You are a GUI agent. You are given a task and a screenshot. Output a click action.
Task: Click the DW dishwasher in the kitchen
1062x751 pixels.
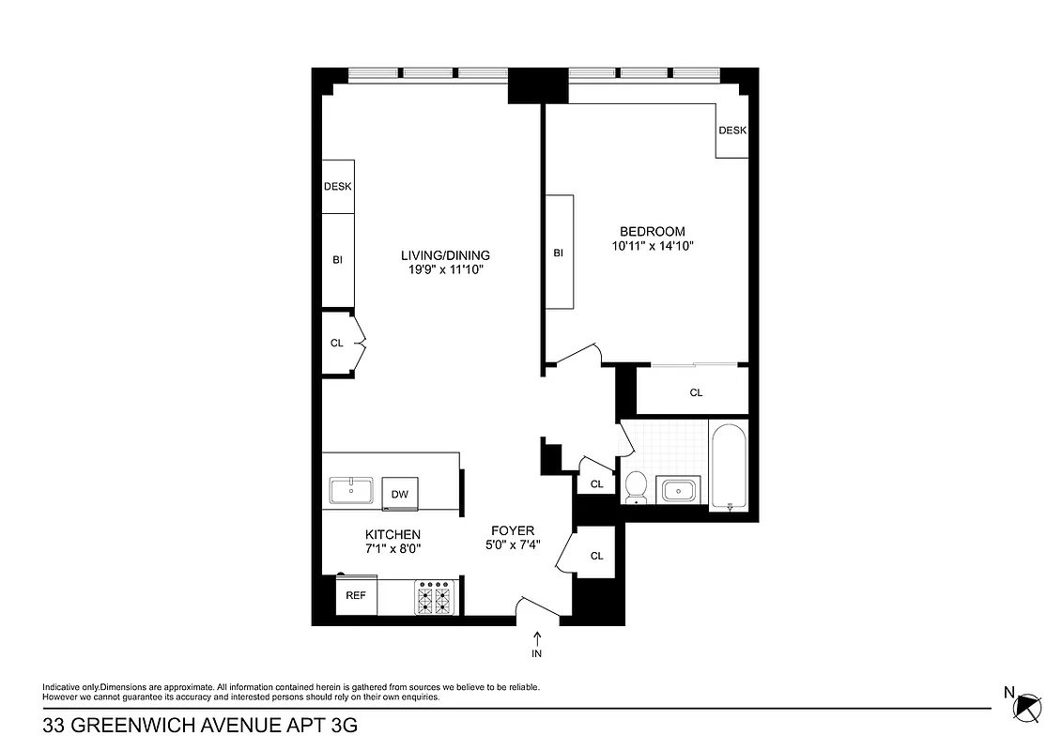point(400,493)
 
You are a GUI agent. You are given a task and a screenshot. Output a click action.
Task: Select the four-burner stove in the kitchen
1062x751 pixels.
point(435,598)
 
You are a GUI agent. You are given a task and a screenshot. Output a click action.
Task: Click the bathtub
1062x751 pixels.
point(729,467)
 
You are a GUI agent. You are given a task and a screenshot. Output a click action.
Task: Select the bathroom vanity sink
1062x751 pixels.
point(679,489)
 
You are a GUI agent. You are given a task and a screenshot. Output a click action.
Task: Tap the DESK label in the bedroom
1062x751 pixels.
point(732,130)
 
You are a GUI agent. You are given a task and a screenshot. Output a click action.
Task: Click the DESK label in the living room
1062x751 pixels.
point(337,186)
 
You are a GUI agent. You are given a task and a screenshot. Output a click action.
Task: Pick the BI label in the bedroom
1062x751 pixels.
point(558,253)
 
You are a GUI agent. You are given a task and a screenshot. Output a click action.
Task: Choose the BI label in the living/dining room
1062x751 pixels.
point(337,260)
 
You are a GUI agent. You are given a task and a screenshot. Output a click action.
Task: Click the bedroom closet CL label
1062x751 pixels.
point(696,392)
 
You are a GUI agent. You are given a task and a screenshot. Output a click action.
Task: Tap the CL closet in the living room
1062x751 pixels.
point(336,344)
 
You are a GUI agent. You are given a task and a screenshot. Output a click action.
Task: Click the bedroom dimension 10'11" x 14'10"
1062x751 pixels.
point(652,246)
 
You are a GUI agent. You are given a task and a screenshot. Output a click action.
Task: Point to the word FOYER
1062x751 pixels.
point(513,530)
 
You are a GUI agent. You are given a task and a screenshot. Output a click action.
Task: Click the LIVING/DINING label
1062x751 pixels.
point(445,255)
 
